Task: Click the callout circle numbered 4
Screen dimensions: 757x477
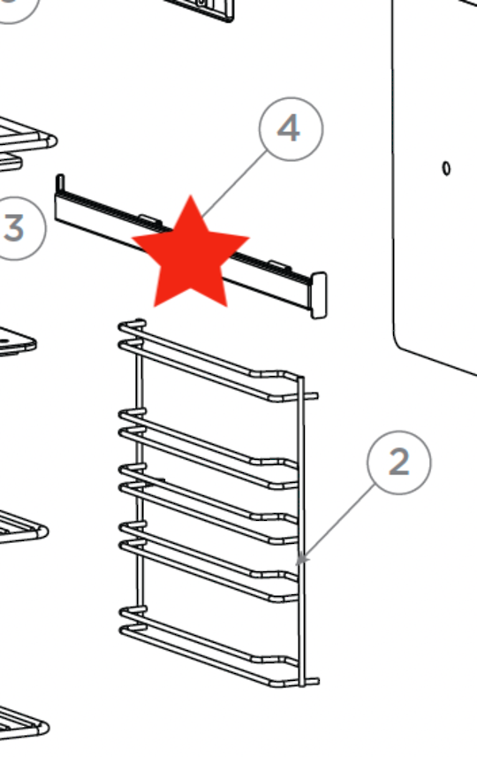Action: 291,129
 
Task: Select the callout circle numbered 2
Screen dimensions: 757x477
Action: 399,462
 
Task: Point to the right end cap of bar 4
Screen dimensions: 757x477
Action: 319,294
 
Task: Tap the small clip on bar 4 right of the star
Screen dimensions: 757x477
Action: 276,264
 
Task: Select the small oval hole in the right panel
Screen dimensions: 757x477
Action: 446,168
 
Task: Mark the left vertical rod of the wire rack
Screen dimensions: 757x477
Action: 140,495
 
